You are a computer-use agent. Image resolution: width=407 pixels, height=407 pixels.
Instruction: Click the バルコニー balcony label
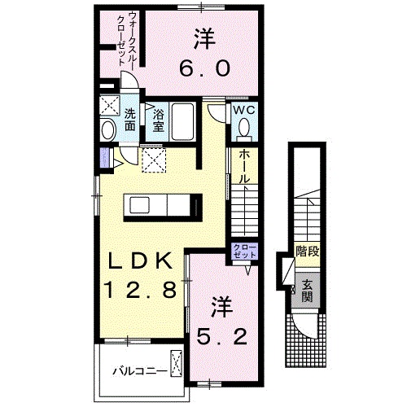pyautogui.click(x=140, y=372)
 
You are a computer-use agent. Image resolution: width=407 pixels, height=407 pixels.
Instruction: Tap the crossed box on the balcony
pyautogui.click(x=177, y=361)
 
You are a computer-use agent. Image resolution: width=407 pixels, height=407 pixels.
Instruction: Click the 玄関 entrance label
pyautogui.click(x=308, y=290)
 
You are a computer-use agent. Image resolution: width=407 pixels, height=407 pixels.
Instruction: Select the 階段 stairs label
pyautogui.click(x=308, y=251)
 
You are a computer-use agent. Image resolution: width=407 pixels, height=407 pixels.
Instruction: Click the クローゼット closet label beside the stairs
pyautogui.click(x=244, y=250)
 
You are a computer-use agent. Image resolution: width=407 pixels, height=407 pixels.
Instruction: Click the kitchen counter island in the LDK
pyautogui.click(x=162, y=206)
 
